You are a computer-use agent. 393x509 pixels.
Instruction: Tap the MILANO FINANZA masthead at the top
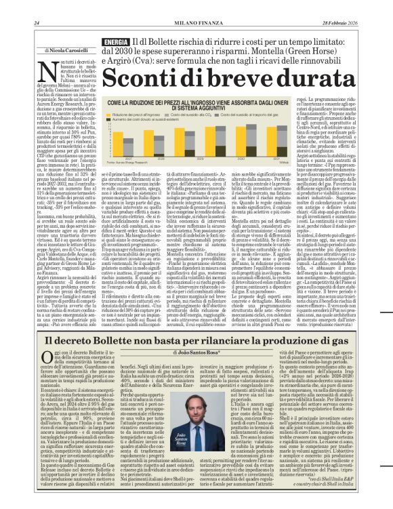click(x=196, y=6)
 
